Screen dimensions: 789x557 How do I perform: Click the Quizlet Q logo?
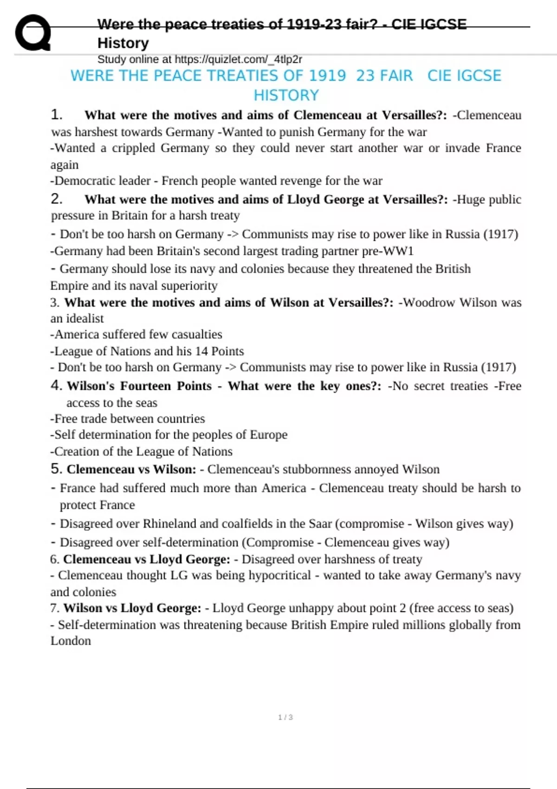click(x=32, y=32)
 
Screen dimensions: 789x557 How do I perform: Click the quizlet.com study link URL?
click(x=238, y=59)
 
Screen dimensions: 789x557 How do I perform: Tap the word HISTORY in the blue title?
click(x=286, y=95)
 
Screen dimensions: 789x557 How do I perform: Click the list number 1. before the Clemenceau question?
click(x=56, y=115)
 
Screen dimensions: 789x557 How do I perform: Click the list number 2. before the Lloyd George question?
click(x=56, y=199)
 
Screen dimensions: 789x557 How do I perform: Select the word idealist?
click(x=84, y=318)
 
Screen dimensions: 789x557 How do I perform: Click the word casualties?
click(x=197, y=334)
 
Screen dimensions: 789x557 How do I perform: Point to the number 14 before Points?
click(x=201, y=351)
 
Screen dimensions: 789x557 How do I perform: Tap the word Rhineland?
click(x=169, y=524)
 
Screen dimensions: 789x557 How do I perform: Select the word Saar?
click(x=320, y=524)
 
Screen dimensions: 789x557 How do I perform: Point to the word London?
click(x=71, y=641)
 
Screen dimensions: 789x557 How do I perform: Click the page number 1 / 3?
click(x=285, y=717)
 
